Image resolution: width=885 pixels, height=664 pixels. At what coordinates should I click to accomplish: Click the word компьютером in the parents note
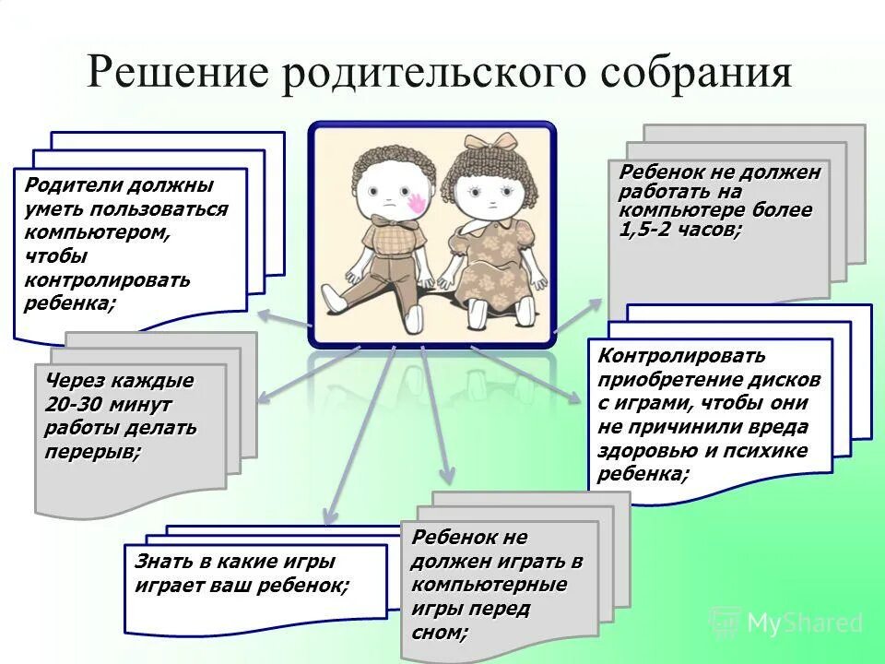97,232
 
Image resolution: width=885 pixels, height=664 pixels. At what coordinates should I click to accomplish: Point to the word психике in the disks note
761,451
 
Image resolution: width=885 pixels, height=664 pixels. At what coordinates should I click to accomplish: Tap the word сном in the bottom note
440,633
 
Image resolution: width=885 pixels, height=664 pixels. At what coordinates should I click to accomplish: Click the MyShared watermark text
802,623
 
